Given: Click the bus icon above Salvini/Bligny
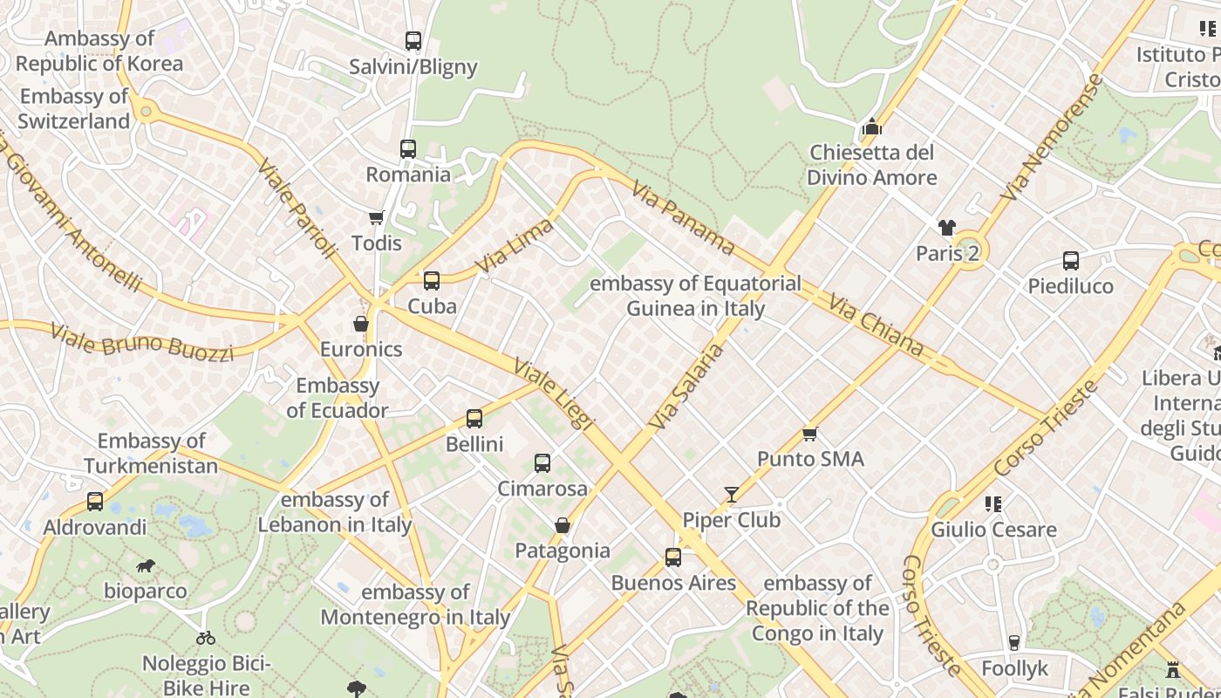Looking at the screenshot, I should (413, 41).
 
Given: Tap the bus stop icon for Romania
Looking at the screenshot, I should (408, 149).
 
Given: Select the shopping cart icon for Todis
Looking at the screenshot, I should (376, 217).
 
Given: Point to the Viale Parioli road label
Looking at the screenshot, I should (297, 209).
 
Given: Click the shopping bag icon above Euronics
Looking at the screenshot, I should (361, 325).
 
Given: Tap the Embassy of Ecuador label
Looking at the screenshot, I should (338, 398).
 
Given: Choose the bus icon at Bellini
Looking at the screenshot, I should (474, 419).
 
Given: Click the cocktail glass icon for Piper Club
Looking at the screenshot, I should (731, 495).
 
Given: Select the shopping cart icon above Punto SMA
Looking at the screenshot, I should (810, 434).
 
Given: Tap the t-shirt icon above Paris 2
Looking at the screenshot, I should (947, 229).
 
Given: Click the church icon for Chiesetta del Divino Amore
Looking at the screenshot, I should (871, 127).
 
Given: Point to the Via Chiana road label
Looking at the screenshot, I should (876, 325).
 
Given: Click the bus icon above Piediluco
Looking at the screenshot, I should (1071, 261).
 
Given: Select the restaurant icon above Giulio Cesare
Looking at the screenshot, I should (992, 504).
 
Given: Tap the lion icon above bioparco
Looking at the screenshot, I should (146, 566).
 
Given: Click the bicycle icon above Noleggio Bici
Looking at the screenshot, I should (206, 638).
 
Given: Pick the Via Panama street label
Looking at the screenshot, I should (683, 216).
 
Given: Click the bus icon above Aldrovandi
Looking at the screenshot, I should (95, 502).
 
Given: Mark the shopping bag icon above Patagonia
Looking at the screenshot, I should (563, 525).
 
